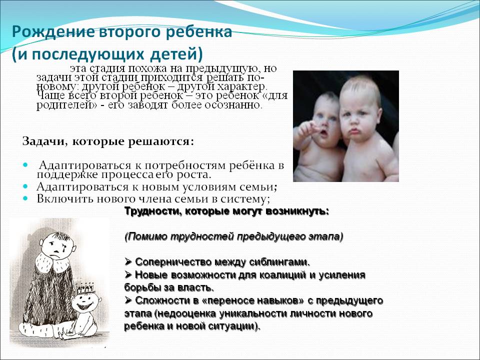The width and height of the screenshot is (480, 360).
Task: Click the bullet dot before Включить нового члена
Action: coord(25,198)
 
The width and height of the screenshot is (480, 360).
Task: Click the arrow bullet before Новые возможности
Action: coord(128,274)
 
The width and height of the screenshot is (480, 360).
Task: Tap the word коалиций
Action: coord(282,275)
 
